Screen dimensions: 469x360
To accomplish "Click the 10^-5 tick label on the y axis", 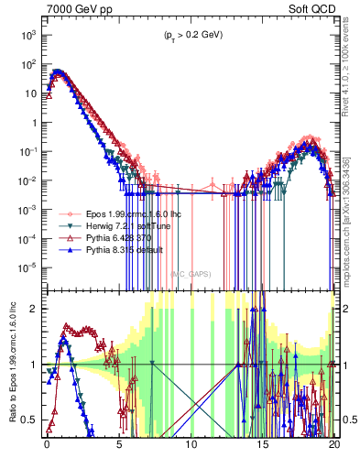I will coord(27,267).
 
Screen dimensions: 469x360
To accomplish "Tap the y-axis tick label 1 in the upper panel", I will coord(33,122).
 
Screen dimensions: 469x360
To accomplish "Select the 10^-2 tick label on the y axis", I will coord(27,180).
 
